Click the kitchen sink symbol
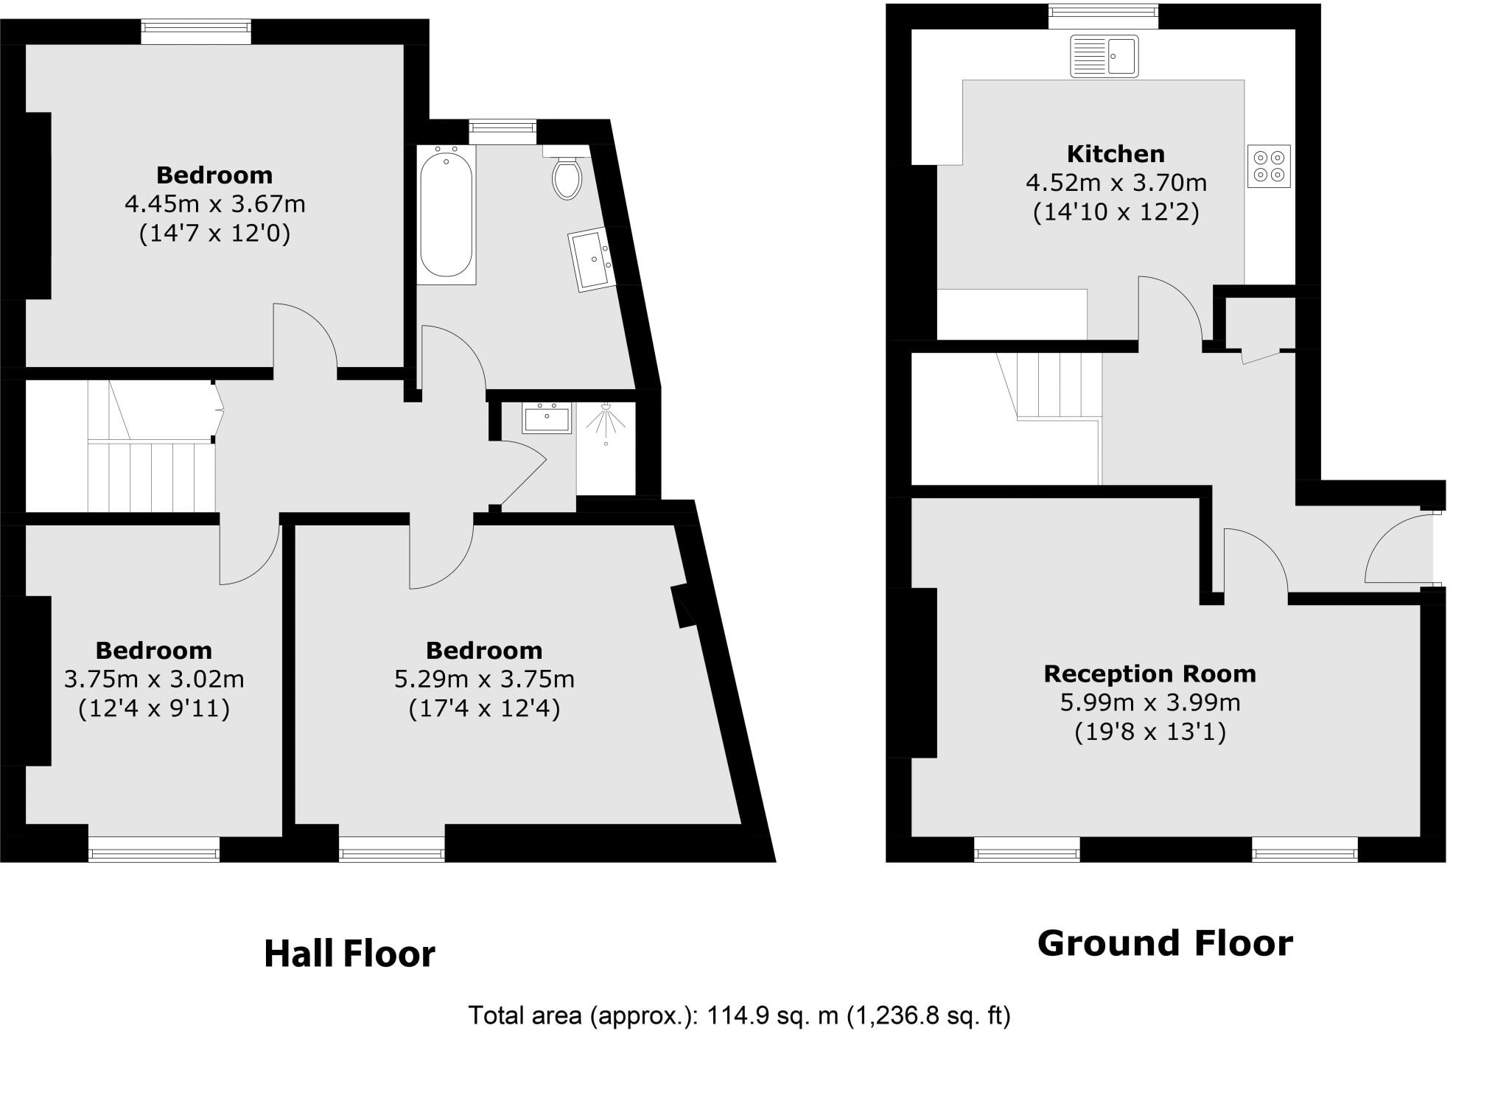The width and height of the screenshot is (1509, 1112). pyautogui.click(x=1104, y=56)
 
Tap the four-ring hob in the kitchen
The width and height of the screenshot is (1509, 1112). pyautogui.click(x=1269, y=167)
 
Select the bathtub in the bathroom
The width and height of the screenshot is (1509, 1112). pyautogui.click(x=446, y=214)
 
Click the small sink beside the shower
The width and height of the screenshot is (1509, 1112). pyautogui.click(x=547, y=418)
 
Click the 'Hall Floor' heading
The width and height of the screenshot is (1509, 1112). pyautogui.click(x=349, y=954)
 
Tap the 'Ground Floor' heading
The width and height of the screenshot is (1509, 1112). pyautogui.click(x=1164, y=944)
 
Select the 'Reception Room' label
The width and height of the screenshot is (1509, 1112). pyautogui.click(x=1149, y=674)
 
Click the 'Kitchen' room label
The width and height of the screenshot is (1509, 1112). pyautogui.click(x=1116, y=154)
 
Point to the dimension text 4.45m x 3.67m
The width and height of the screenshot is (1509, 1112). pyautogui.click(x=214, y=204)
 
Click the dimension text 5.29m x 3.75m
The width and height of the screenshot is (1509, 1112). pyautogui.click(x=484, y=679)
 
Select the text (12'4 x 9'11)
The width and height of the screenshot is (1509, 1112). pyautogui.click(x=154, y=709)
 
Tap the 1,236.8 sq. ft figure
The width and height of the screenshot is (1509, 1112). pyautogui.click(x=928, y=1016)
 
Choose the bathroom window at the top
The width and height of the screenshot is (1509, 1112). pyautogui.click(x=503, y=131)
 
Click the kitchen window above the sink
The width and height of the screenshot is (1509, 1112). pyautogui.click(x=1103, y=15)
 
